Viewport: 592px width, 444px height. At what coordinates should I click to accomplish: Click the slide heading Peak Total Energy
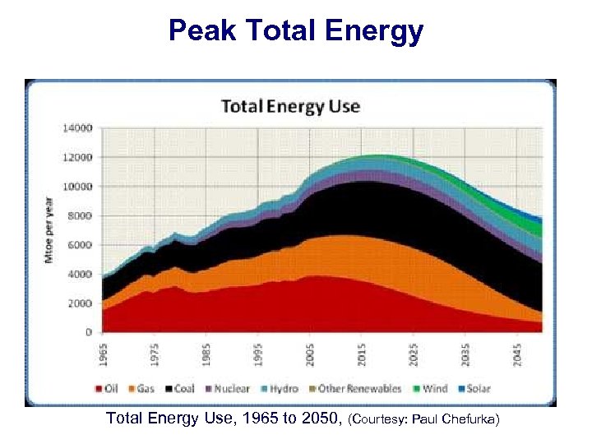pos(296,31)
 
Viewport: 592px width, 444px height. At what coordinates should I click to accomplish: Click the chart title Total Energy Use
pos(289,106)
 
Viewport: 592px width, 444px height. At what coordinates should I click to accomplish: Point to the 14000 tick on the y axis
pos(80,128)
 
